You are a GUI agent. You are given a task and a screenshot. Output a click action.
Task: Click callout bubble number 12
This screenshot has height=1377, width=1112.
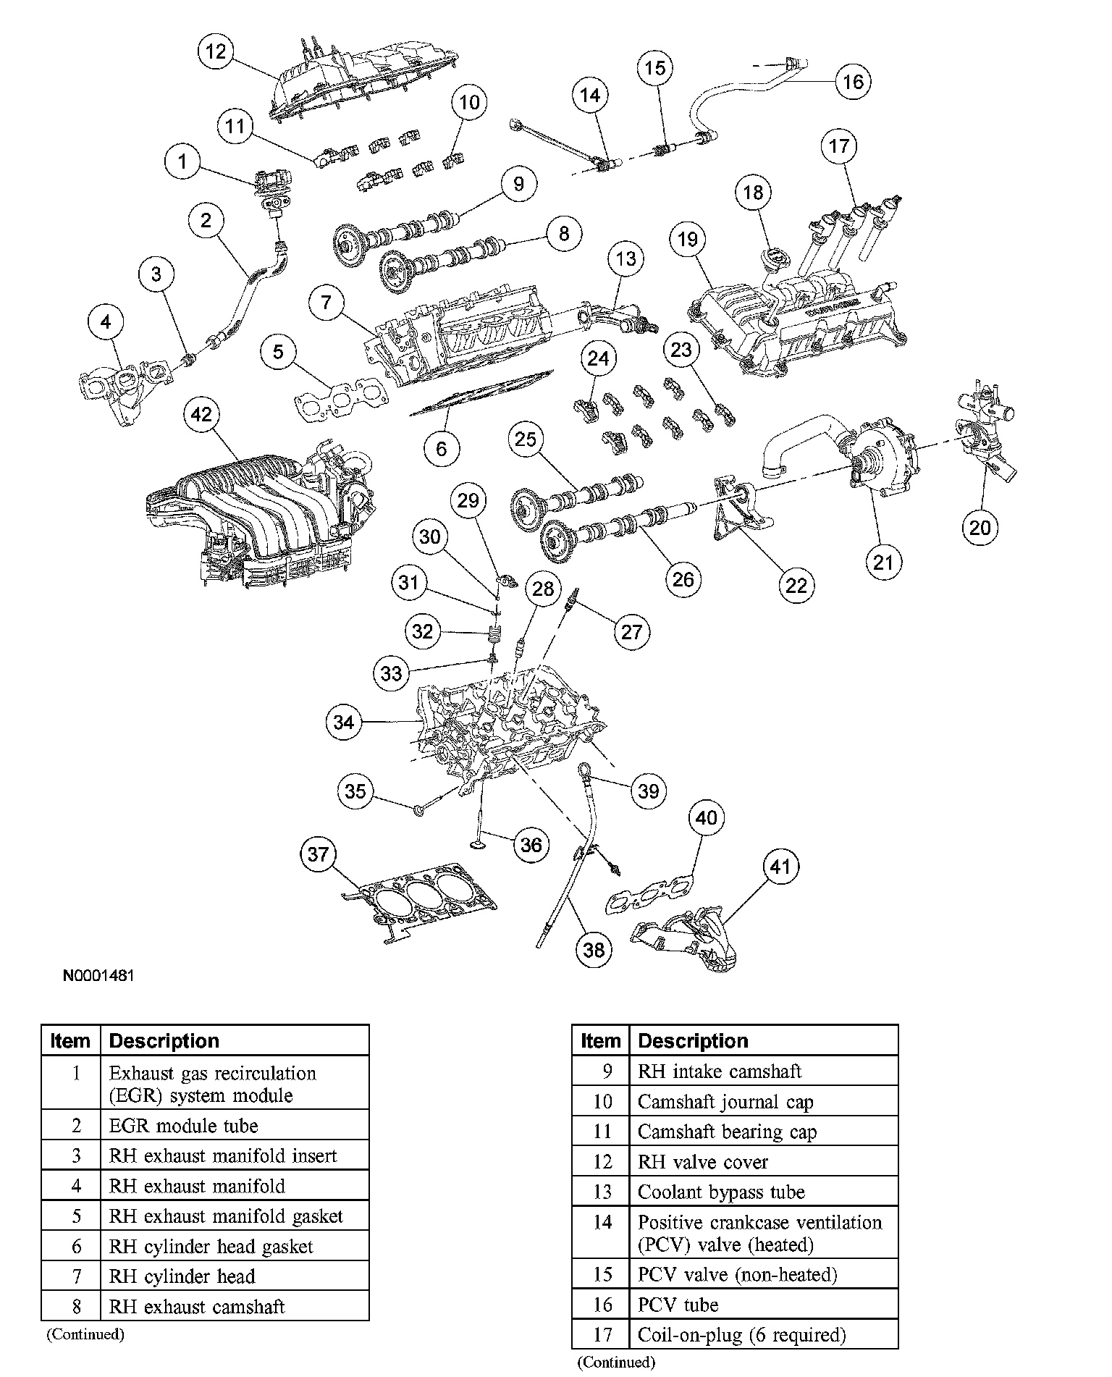tap(216, 51)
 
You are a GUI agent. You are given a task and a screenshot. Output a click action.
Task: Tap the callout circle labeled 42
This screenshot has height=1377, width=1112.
tap(201, 414)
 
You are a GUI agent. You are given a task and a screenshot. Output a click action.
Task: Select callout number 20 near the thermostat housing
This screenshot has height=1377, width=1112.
tap(980, 527)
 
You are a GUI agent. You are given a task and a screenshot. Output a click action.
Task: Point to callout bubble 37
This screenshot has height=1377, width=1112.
tap(319, 855)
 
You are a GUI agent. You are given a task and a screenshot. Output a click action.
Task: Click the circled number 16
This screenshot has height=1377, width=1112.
tap(853, 81)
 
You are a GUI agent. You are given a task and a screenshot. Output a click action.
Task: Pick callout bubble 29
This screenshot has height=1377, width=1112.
tap(468, 500)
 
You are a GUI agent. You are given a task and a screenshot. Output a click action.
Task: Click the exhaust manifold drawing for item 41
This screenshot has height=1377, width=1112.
tap(688, 938)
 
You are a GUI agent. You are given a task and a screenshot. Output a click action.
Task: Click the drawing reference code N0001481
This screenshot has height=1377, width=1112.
tap(98, 975)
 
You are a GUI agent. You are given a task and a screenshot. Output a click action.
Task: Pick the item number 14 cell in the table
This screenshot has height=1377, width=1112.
tap(602, 1223)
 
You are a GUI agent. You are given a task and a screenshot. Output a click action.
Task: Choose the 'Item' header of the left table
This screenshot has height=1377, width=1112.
tap(70, 1041)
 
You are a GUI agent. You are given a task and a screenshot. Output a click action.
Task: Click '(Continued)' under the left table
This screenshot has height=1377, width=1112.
tap(85, 1334)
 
